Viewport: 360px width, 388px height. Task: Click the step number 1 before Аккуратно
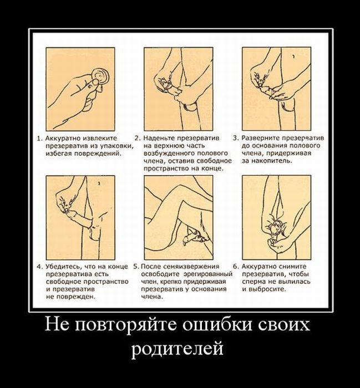[39, 139]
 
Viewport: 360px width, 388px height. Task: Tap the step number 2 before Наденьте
[137, 138]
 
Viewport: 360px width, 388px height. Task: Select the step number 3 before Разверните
[235, 138]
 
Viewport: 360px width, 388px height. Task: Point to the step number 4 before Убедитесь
[39, 267]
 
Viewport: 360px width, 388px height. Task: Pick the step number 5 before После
[136, 267]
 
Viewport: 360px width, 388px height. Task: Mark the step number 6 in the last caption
[236, 267]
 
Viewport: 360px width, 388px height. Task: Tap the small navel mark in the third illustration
[293, 57]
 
